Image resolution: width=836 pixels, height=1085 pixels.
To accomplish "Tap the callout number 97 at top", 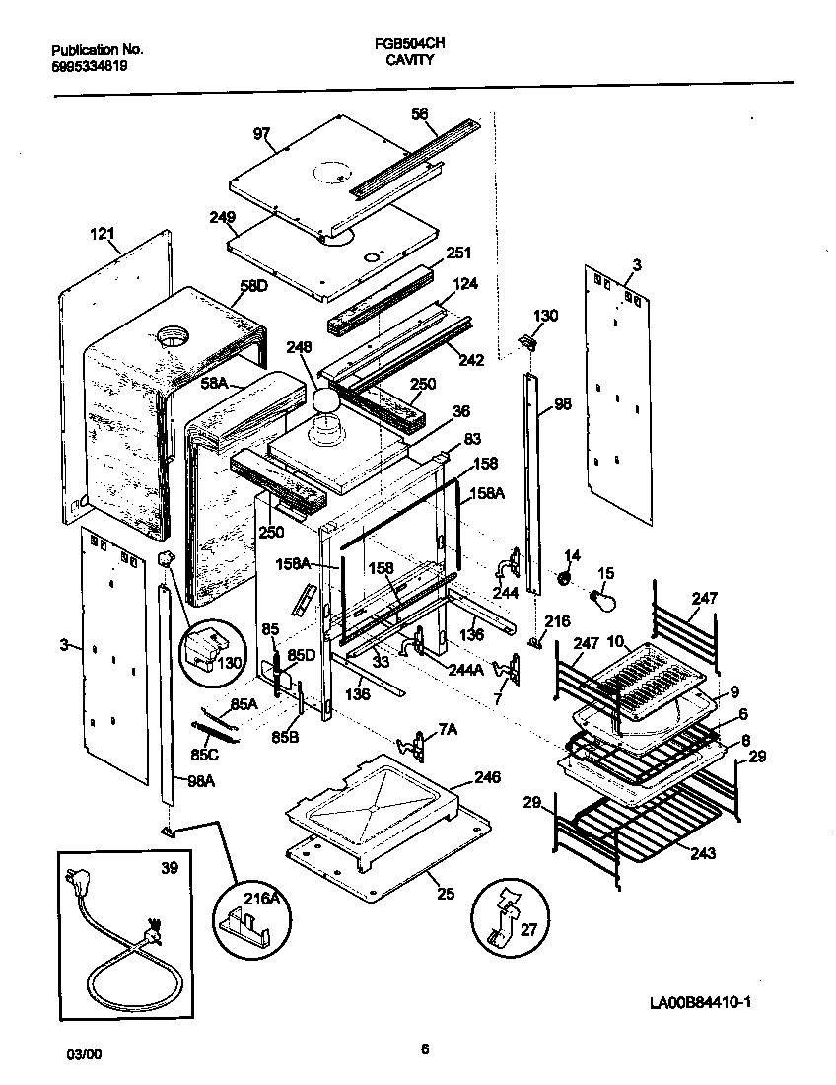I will (x=261, y=134).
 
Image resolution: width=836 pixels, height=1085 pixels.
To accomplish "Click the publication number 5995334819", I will (x=90, y=66).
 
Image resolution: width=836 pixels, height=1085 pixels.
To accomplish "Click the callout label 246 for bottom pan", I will (x=487, y=777).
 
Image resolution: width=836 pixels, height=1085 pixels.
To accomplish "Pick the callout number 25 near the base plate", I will (x=446, y=895).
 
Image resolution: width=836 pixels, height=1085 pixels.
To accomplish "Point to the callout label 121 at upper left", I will (x=103, y=235).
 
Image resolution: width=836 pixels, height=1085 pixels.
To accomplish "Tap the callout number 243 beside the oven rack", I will (x=703, y=852).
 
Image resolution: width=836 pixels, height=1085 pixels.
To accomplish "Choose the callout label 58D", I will (x=253, y=286).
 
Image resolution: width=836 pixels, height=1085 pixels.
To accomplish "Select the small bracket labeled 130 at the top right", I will (x=527, y=341).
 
